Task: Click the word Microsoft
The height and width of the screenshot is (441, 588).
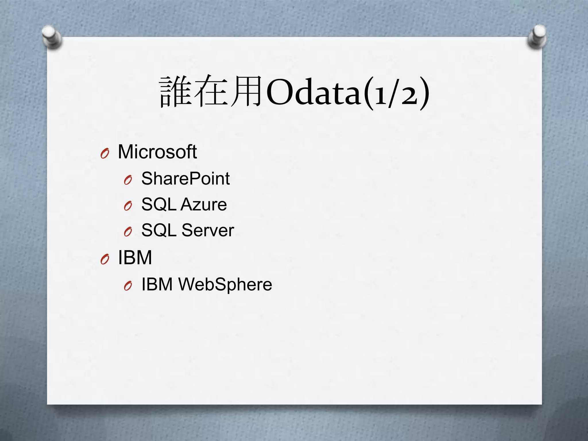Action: [x=157, y=152]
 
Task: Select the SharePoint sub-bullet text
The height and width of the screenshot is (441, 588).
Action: [x=185, y=179]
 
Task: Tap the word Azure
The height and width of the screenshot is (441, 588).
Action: [x=204, y=204]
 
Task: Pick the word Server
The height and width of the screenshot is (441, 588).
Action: [x=208, y=230]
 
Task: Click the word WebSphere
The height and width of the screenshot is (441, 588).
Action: [x=225, y=285]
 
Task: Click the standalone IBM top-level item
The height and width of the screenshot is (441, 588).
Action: [x=135, y=258]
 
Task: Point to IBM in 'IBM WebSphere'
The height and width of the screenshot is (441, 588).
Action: [x=157, y=285]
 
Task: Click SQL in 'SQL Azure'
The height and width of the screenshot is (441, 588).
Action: [x=159, y=204]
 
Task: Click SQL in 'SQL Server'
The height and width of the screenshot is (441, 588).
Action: [x=159, y=230]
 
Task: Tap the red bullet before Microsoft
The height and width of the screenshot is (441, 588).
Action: [x=105, y=154]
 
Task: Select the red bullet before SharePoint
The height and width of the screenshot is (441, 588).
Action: [x=128, y=180]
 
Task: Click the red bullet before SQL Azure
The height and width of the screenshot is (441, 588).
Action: [x=128, y=206]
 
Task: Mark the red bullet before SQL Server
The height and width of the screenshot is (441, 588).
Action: [x=128, y=232]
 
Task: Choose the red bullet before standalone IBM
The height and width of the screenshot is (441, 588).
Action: [x=105, y=260]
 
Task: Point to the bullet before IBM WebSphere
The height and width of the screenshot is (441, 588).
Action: [x=128, y=286]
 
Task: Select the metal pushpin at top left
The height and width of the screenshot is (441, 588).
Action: [x=52, y=37]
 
